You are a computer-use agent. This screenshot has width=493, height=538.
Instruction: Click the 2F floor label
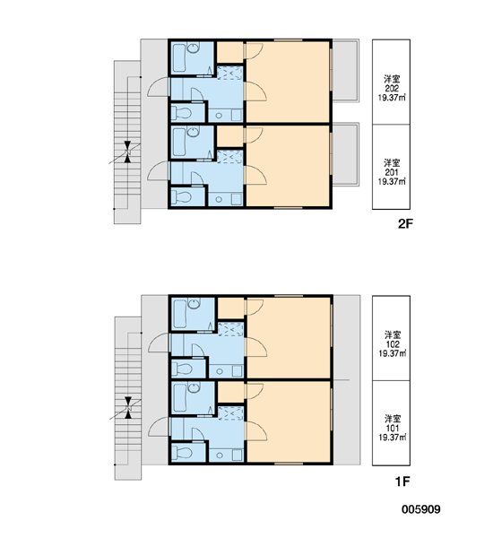pyautogui.click(x=405, y=223)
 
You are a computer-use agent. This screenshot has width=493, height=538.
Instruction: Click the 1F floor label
pyautogui.click(x=402, y=482)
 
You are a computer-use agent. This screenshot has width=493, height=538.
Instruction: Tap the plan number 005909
pyautogui.click(x=421, y=509)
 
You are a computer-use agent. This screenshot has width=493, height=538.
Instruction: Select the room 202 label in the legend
pyautogui.click(x=392, y=89)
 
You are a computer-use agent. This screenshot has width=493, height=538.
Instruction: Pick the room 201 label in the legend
pyautogui.click(x=392, y=172)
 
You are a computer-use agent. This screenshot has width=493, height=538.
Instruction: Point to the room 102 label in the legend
pyautogui.click(x=392, y=344)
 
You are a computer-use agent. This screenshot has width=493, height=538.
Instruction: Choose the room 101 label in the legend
pyautogui.click(x=392, y=429)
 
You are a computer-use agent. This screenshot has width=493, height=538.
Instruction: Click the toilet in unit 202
pyautogui.click(x=181, y=113)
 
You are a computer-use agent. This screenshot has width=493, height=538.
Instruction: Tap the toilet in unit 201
pyautogui.click(x=181, y=197)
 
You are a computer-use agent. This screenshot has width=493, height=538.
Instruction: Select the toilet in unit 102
pyautogui.click(x=182, y=369)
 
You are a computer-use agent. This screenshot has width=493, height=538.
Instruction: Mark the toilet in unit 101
pyautogui.click(x=182, y=453)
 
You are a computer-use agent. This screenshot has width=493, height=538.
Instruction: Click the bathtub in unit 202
pyautogui.click(x=179, y=57)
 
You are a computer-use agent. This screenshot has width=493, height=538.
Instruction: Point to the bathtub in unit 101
pyautogui.click(x=180, y=398)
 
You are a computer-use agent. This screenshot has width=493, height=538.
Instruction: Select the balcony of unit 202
pyautogui.click(x=345, y=71)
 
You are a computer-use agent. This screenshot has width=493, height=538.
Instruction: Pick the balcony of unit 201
pyautogui.click(x=345, y=154)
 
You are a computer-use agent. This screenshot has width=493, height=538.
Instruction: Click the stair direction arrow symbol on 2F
pyautogui.click(x=127, y=152)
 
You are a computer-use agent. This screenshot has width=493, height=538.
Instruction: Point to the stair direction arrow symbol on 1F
pyautogui.click(x=128, y=408)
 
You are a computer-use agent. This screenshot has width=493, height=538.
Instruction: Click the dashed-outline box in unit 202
pyautogui.click(x=229, y=74)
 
